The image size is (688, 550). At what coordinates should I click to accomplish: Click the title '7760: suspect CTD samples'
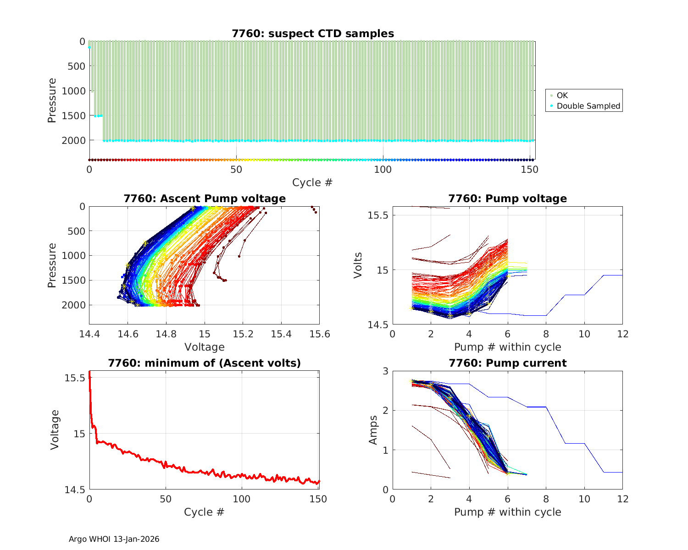point(313,33)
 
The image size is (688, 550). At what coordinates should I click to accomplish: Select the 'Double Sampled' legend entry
point(588,106)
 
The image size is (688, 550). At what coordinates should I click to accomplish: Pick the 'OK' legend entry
point(562,95)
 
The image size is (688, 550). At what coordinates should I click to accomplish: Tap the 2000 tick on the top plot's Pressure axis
point(73,140)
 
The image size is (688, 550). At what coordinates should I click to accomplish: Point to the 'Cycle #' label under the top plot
point(312,182)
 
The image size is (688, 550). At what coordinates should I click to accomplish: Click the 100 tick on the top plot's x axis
point(383,170)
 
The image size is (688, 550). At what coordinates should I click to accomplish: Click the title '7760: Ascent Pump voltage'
point(205,198)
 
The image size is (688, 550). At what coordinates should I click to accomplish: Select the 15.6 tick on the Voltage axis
point(320,334)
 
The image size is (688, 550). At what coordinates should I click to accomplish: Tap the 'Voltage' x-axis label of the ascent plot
point(205,347)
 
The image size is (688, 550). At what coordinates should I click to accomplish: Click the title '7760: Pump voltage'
point(508,198)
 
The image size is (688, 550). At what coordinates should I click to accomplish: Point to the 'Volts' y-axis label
point(358,265)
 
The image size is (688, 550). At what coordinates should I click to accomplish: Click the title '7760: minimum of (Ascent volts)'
point(205,363)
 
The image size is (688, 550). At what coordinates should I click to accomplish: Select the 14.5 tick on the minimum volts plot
point(74,490)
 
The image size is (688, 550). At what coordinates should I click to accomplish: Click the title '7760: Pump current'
point(508,363)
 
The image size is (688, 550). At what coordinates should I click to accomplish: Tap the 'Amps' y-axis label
point(373,430)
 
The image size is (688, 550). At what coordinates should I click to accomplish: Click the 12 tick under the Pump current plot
point(622,499)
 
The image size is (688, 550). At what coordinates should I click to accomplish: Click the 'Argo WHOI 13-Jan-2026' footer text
point(114,539)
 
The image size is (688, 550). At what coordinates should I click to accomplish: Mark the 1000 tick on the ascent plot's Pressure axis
point(73,256)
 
